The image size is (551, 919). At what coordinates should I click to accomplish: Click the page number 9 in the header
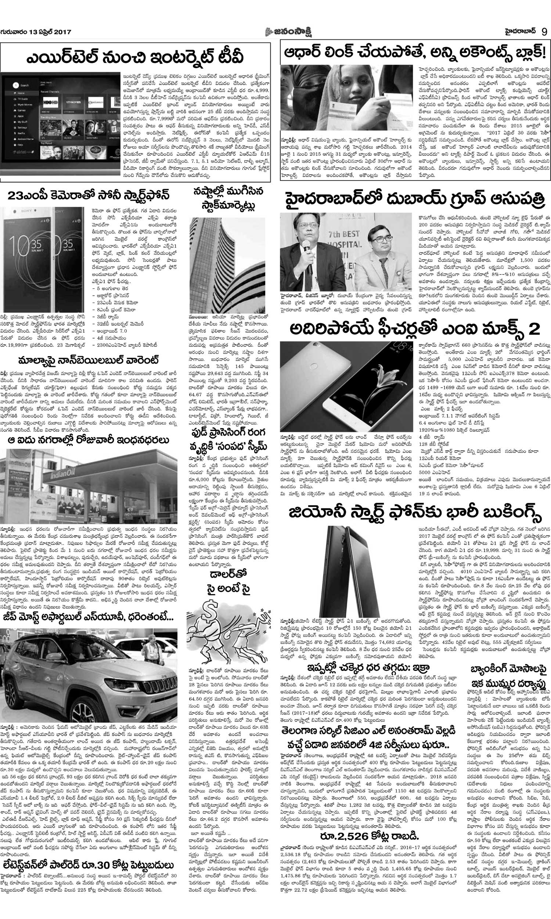[x=544, y=32]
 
